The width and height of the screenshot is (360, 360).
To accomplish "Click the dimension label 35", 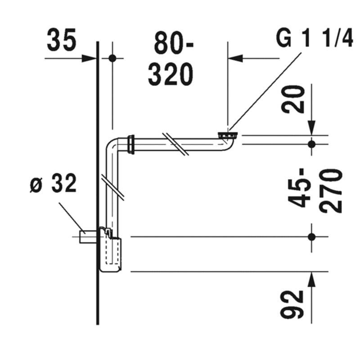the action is click(61, 40).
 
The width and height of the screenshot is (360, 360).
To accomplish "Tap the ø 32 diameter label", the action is click(53, 183).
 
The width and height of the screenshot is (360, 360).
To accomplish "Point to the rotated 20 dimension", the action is click(293, 99).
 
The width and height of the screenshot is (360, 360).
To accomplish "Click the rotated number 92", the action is click(292, 304).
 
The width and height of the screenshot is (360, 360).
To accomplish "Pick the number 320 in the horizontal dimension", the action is click(171, 74).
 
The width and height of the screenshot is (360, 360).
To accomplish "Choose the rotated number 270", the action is click(331, 191).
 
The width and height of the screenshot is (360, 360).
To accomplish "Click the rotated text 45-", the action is click(299, 188).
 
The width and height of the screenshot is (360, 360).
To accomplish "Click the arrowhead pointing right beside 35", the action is click(89, 58).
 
